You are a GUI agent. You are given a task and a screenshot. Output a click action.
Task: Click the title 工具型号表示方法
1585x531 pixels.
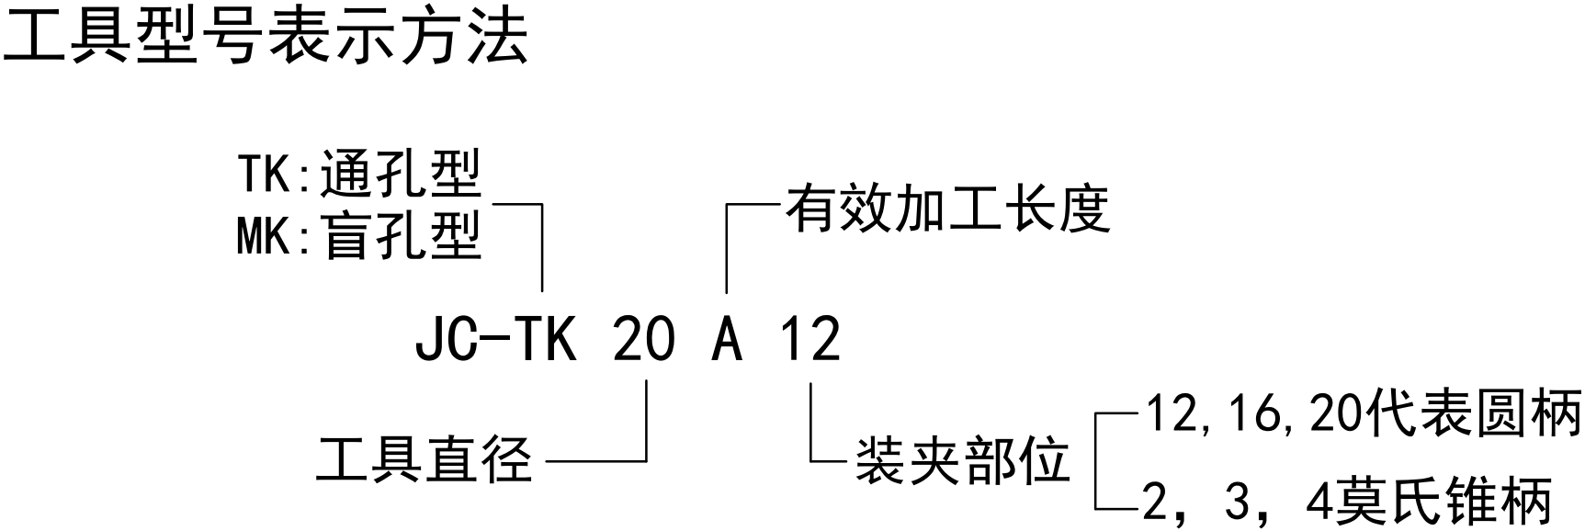coord(266,39)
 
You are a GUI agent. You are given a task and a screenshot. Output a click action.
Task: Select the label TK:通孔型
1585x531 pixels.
coord(359,175)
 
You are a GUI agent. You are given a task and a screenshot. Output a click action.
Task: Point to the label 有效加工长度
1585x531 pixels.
coord(947,209)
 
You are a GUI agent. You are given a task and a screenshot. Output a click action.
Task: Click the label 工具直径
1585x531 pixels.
coord(425,459)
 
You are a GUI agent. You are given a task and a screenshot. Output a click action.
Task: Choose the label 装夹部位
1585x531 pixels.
coord(963,459)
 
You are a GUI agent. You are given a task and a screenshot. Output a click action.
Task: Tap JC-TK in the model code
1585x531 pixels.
coord(496,340)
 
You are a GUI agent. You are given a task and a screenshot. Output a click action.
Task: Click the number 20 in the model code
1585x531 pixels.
coord(643,340)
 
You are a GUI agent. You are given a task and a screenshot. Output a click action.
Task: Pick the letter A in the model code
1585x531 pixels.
coord(727,340)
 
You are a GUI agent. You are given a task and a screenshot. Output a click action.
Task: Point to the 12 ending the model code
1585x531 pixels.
coord(810,340)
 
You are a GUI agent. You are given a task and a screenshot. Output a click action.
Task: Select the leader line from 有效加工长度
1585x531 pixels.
coord(728,243)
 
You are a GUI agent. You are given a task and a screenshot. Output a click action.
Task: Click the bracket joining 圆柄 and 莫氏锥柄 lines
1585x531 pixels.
coord(1097,459)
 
